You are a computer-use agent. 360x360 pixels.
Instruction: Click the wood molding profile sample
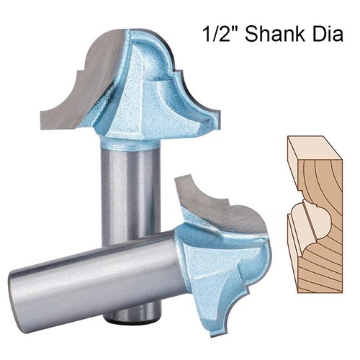[315, 215]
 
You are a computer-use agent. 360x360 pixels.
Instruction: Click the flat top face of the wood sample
[315, 148]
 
